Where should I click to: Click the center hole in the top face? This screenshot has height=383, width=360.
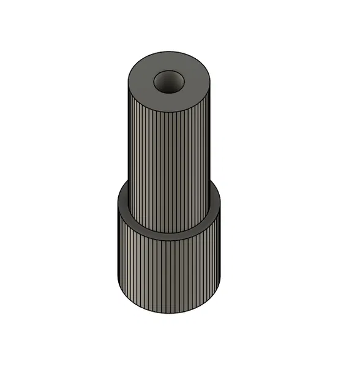click(x=169, y=82)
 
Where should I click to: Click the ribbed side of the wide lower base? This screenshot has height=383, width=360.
click(x=169, y=276)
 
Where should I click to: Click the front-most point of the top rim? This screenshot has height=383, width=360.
click(x=170, y=112)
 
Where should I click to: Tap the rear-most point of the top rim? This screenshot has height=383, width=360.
click(x=170, y=51)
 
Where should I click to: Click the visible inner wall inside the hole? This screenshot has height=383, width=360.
click(x=169, y=77)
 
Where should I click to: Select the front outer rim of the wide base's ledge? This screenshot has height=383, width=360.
click(x=169, y=243)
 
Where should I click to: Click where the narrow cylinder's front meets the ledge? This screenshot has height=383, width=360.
click(x=169, y=232)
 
